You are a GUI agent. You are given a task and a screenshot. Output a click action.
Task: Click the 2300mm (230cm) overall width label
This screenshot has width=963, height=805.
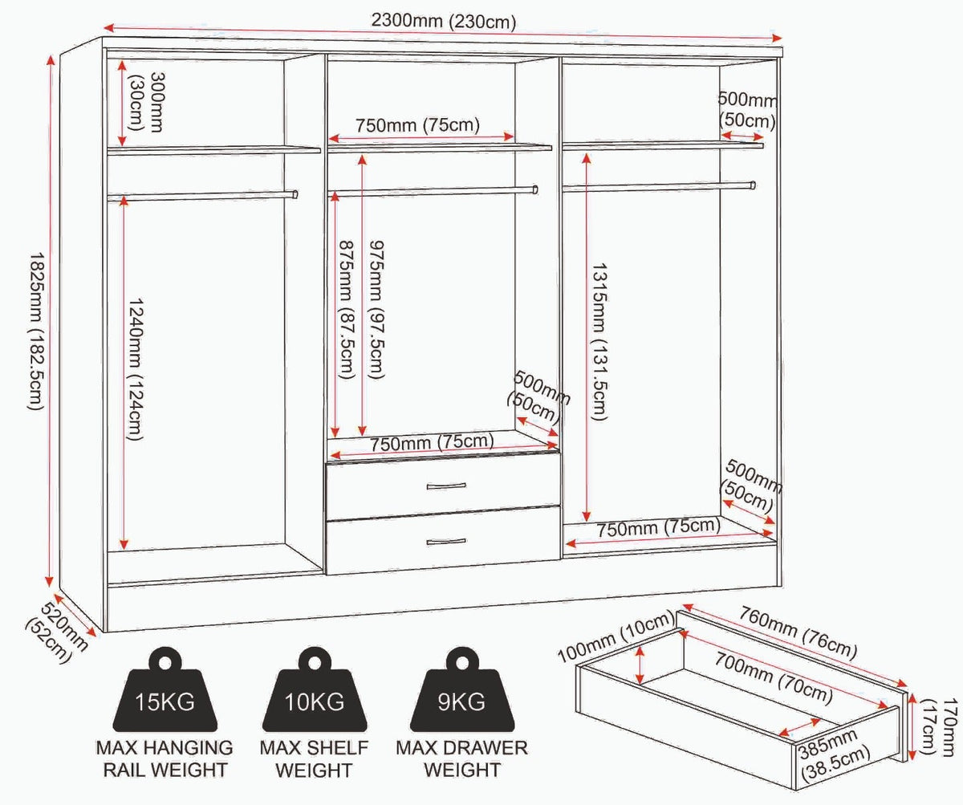[x=443, y=21]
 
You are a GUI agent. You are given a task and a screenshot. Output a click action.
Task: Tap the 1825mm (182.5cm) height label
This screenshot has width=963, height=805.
[x=36, y=331]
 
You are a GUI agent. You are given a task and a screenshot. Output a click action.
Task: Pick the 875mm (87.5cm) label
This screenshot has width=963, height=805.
[x=346, y=310]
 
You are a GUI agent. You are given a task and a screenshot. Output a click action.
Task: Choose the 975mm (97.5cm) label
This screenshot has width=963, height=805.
[x=376, y=310]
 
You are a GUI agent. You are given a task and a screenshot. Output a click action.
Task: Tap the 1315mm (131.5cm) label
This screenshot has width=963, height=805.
[x=599, y=342]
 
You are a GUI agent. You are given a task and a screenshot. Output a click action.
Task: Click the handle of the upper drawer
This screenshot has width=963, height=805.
[x=446, y=486]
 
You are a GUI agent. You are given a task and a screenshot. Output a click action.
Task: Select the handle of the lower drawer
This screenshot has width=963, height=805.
[x=446, y=542]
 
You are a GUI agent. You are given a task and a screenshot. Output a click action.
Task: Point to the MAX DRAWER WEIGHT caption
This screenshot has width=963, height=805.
[x=461, y=759]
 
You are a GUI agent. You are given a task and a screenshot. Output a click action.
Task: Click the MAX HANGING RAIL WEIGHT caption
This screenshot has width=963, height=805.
[x=165, y=759]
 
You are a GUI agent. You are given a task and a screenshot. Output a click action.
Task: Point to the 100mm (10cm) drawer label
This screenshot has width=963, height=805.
[x=616, y=637]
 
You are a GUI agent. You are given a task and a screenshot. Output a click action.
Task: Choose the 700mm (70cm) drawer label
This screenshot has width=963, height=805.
[x=774, y=679]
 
